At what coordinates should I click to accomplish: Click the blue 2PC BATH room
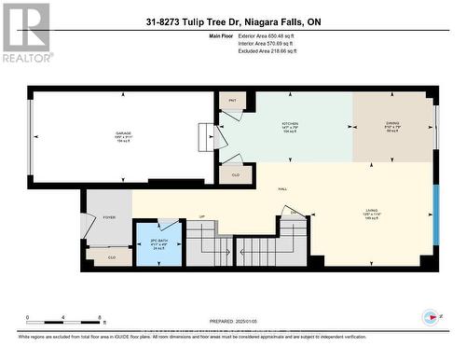tap(158, 244)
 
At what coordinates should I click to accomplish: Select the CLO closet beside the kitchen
tap(235, 173)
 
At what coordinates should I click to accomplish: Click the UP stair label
tap(202, 218)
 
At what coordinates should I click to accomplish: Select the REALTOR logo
tap(25, 32)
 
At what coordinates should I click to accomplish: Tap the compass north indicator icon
tap(430, 315)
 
